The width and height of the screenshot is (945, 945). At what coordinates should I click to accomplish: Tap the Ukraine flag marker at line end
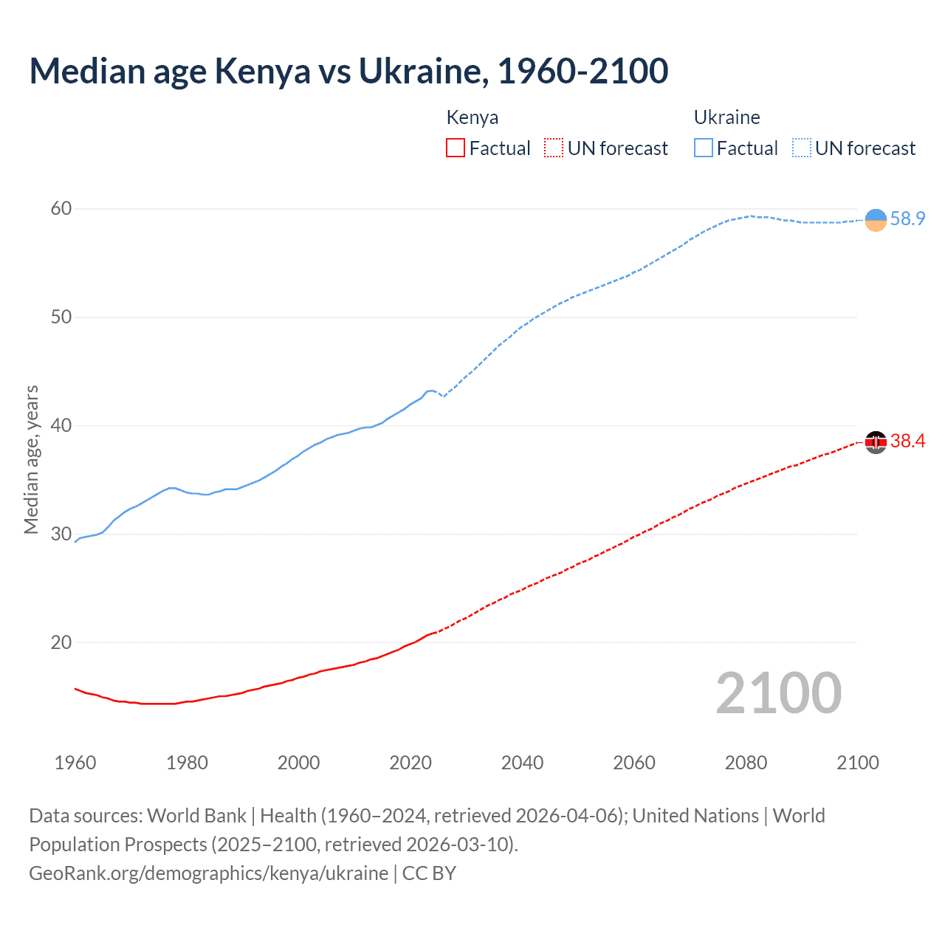pos(876,220)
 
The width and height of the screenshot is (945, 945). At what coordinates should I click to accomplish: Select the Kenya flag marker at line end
pos(876,442)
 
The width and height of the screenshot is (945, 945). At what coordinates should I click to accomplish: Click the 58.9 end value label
pos(907,219)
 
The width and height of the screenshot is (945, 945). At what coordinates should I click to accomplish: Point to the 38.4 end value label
pos(907,441)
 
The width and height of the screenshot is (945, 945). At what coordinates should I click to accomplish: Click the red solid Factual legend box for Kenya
pos(456,148)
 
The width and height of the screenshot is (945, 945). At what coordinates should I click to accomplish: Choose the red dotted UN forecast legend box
pos(554,148)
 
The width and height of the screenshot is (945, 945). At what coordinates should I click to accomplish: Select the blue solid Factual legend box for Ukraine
pos(703,148)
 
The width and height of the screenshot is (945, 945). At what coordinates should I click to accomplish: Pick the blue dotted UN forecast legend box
pos(801,148)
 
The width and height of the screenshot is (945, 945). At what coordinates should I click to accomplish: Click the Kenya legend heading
pos(472,117)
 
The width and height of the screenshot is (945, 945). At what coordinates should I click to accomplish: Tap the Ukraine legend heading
pos(726,117)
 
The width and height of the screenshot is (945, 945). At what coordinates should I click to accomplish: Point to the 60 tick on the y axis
pos(61,209)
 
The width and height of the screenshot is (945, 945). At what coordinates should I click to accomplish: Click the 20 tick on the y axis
pos(61,642)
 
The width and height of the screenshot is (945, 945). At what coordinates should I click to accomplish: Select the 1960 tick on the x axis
pos(75,763)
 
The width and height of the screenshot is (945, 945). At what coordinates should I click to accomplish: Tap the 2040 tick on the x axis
pos(522,763)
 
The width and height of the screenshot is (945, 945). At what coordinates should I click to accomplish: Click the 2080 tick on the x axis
pos(746,763)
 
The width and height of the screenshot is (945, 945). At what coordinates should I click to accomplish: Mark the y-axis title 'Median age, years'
pos(32,459)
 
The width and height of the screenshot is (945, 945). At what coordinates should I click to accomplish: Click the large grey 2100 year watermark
pos(778,693)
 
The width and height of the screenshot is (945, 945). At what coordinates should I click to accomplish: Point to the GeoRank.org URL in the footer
pos(208,873)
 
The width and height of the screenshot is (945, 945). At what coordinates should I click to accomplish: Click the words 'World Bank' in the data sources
pos(196,816)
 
